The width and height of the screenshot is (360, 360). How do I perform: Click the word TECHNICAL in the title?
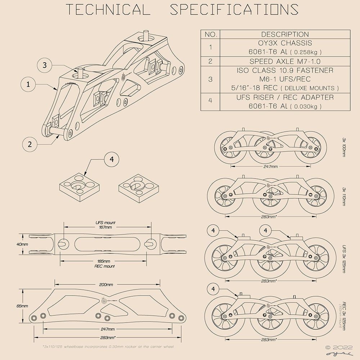tap(108, 10)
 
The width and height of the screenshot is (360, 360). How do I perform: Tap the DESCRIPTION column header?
tap(285, 35)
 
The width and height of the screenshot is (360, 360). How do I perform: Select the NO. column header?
tap(210, 35)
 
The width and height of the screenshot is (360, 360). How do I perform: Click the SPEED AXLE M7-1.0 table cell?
tap(285, 61)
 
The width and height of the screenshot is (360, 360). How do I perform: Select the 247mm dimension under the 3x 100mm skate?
tap(270, 167)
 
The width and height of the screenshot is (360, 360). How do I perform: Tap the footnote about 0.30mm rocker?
tap(108, 347)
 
